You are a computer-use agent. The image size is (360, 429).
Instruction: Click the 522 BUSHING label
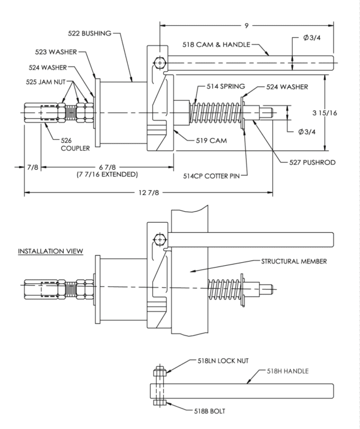pos(90,34)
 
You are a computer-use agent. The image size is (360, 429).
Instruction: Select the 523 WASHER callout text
pos(56,52)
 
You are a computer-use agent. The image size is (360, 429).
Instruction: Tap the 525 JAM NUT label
pos(46,82)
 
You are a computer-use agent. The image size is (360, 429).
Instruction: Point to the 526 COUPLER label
pos(75,145)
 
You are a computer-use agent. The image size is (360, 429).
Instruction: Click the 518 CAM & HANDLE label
pos(217,44)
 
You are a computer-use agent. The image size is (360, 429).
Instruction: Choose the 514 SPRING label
pos(226,86)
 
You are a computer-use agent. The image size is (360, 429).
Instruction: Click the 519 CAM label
pos(211,140)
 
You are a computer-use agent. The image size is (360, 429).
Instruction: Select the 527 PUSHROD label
pos(313,163)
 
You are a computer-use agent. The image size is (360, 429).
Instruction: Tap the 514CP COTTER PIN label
pos(211,176)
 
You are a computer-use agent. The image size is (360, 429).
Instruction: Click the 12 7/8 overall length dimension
pos(149,193)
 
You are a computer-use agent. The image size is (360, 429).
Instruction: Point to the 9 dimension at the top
pos(247,26)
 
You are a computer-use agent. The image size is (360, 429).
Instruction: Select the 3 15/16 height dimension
pos(325,113)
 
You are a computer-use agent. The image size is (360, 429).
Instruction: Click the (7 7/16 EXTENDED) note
pos(107,174)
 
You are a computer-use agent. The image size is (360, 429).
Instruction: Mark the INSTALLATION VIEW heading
pos(50,251)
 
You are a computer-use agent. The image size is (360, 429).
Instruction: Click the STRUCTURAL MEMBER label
pos(294,262)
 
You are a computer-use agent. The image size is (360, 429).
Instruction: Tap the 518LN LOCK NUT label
pos(223,361)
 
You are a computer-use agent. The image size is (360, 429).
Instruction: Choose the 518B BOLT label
pos(209,411)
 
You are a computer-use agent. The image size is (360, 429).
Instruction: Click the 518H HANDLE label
pos(288,371)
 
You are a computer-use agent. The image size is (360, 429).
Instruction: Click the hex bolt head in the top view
pos(160,62)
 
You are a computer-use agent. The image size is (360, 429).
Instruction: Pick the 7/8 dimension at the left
pos(33,167)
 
